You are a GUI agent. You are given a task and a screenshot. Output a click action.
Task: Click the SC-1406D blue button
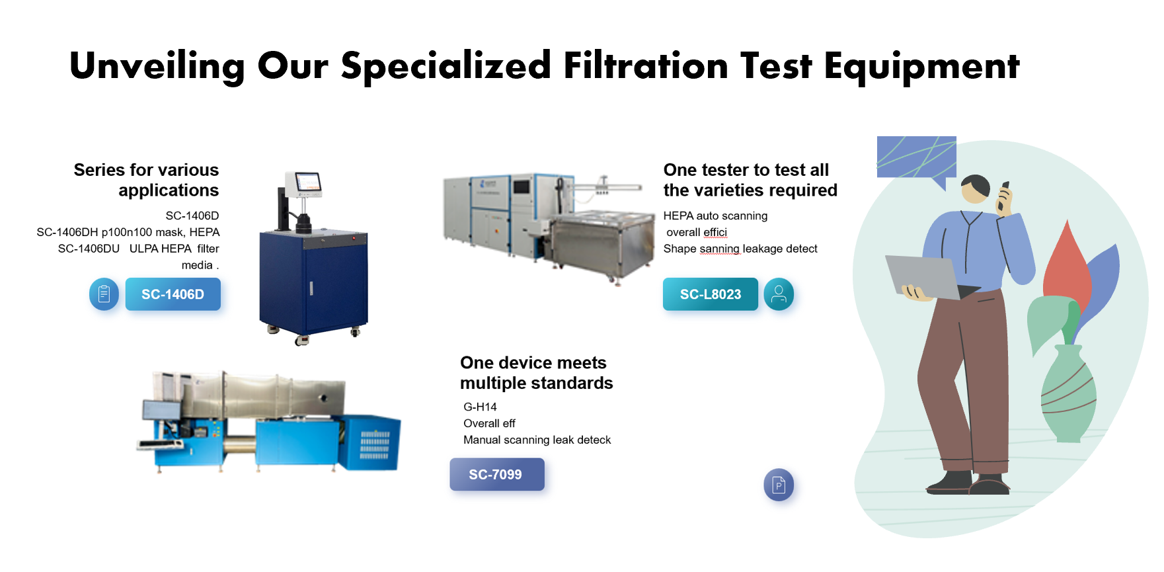tap(173, 294)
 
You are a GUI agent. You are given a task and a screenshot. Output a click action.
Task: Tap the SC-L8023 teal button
tap(711, 294)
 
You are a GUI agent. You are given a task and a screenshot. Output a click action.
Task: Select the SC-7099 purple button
tap(496, 474)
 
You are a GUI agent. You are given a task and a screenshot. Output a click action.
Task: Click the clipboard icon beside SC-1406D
tap(104, 294)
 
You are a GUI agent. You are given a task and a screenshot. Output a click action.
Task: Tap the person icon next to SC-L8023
tap(779, 294)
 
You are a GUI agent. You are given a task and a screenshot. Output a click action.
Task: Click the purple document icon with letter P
tap(779, 485)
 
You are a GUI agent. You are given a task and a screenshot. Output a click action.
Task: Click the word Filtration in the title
tap(646, 65)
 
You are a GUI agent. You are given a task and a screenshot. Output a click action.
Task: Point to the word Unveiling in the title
tap(157, 65)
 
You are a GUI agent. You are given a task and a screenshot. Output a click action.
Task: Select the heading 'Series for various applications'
tap(147, 180)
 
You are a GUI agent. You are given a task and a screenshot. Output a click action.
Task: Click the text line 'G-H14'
tap(480, 407)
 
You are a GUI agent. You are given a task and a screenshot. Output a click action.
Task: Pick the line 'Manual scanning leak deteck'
tap(537, 440)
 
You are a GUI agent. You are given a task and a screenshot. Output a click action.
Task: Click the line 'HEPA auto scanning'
tap(715, 216)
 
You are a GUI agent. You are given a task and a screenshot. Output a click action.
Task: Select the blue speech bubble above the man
tap(916, 157)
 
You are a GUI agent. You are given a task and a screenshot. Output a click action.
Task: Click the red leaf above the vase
tap(1066, 265)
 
